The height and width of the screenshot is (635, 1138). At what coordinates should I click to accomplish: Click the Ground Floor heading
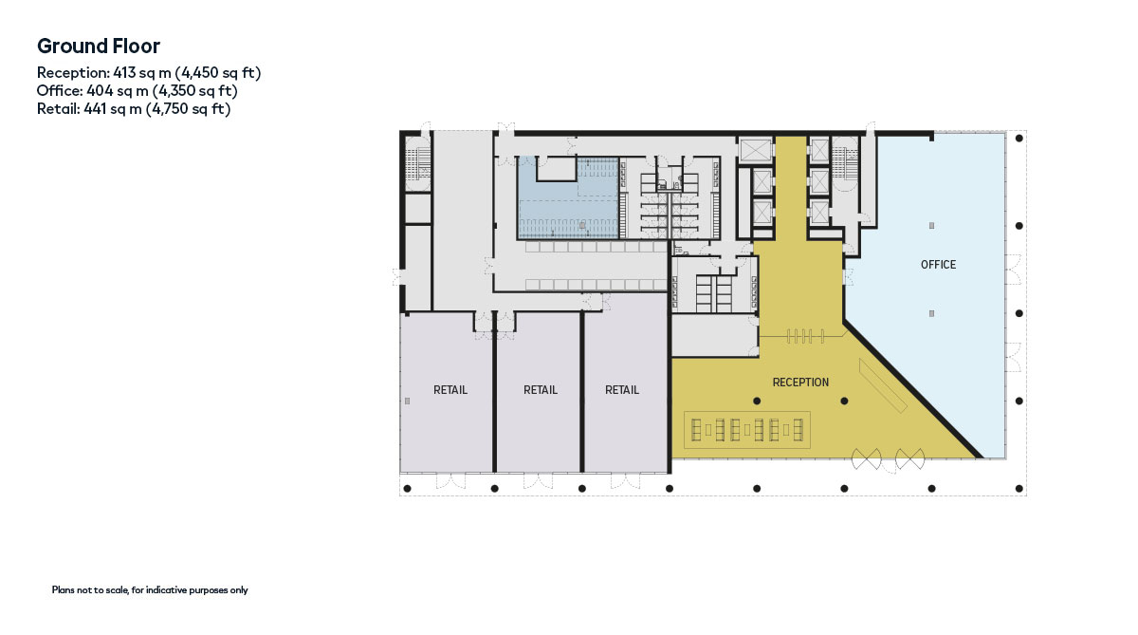point(99,47)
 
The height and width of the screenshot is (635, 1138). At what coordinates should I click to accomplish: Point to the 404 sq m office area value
point(118,91)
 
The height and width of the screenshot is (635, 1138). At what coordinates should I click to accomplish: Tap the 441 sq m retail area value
point(113,109)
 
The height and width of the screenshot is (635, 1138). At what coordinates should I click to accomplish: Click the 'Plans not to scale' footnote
point(150,589)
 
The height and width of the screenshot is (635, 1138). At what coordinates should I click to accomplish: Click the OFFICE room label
point(938,265)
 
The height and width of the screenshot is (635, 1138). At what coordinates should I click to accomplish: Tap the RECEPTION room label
point(800,383)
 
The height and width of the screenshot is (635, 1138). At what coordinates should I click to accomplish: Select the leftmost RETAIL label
point(450,390)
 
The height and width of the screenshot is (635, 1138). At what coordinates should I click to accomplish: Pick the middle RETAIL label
point(540,390)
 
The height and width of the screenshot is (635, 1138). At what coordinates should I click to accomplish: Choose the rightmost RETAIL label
point(622,390)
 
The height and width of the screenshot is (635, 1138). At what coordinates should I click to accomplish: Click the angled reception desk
point(883,386)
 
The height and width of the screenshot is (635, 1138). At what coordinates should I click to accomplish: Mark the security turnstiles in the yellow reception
point(805,336)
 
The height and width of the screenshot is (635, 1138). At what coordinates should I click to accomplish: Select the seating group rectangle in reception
point(747,430)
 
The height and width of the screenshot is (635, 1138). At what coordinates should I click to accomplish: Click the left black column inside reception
point(757,402)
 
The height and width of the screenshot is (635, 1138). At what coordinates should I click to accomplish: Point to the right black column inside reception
point(844,402)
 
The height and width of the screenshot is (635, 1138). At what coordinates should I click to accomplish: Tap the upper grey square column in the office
point(931,226)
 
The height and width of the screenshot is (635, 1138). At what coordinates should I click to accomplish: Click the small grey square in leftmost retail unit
point(407,402)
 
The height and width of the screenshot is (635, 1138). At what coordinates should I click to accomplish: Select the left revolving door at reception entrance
point(866,459)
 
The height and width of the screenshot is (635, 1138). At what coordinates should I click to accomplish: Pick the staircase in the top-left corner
point(416,163)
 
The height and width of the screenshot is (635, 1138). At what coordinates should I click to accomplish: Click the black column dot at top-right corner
point(1019,138)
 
